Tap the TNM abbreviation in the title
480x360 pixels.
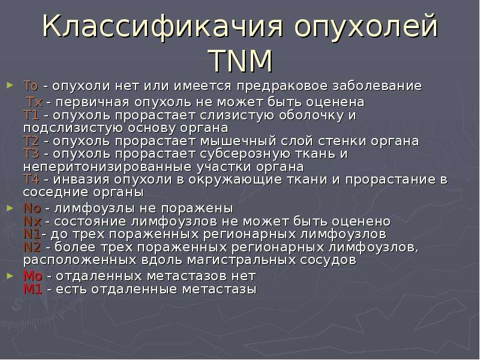[x=241, y=61]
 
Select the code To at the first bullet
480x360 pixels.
[x=31, y=86]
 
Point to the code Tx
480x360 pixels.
[x=34, y=102]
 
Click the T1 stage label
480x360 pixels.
[x=31, y=115]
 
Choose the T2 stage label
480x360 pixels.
[x=31, y=141]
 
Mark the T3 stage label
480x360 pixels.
[x=31, y=154]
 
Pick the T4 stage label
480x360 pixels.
[x=31, y=179]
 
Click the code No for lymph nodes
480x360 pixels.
[x=32, y=208]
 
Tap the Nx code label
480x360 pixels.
[x=32, y=221]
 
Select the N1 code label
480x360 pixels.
[x=32, y=234]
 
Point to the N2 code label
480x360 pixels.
[x=32, y=247]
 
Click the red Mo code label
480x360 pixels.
[x=33, y=276]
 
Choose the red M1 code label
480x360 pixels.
[x=33, y=289]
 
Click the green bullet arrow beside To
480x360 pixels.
[x=10, y=85]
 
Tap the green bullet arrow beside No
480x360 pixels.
[x=10, y=208]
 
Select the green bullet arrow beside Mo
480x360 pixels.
[x=10, y=276]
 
